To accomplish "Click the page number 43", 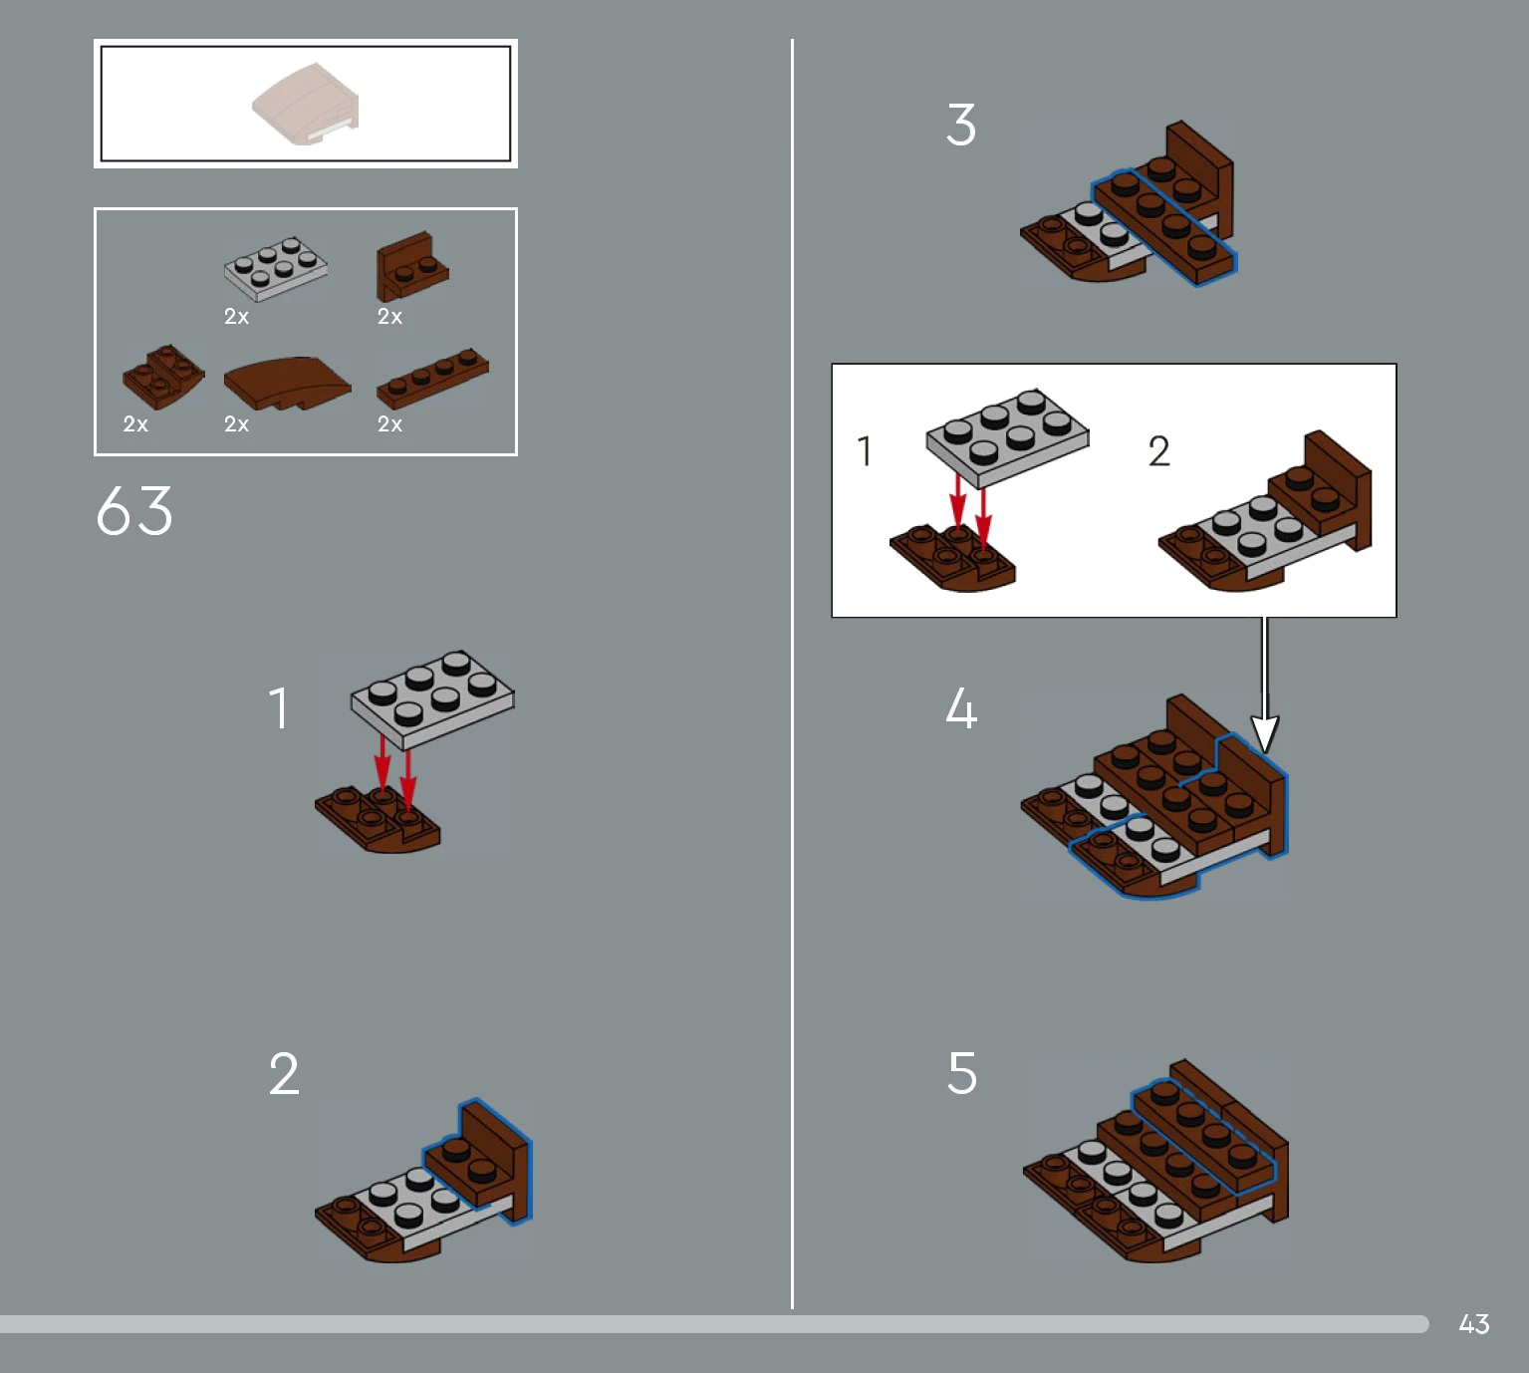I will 1473,1323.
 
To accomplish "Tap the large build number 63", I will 134,511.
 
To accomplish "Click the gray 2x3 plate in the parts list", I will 276,268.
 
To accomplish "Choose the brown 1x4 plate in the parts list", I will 432,378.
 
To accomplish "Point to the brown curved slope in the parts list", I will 287,382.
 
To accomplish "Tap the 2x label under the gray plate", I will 236,317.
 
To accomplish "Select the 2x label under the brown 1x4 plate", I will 389,424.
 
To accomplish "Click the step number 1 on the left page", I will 279,708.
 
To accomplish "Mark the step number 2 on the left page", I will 284,1074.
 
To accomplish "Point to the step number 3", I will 961,126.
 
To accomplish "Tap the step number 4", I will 961,708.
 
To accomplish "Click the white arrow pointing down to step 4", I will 1264,687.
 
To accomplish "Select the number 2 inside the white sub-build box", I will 1158,451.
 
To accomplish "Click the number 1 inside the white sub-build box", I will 865,451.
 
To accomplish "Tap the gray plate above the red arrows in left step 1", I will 432,697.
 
